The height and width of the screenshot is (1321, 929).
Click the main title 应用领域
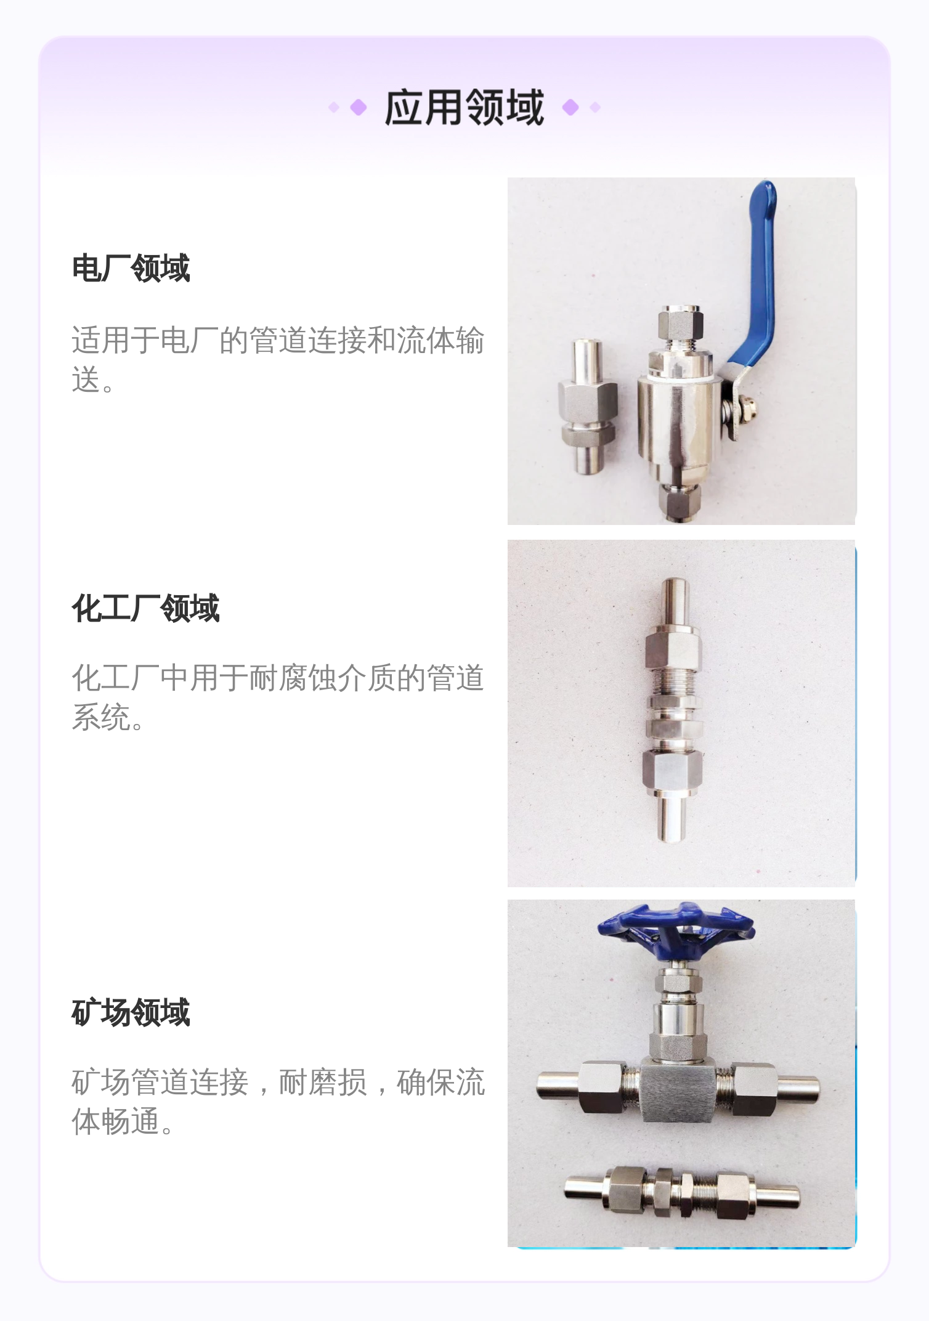click(x=464, y=107)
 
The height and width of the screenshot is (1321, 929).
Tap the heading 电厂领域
click(x=131, y=268)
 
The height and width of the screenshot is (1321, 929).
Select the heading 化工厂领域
click(x=146, y=608)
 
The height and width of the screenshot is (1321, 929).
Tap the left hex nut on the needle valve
click(x=603, y=1087)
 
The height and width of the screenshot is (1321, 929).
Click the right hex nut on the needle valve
click(x=755, y=1089)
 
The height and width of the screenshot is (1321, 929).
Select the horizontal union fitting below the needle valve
click(x=682, y=1193)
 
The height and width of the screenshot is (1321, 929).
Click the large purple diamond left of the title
click(x=359, y=108)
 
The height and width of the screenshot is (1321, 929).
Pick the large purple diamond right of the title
click(x=570, y=107)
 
